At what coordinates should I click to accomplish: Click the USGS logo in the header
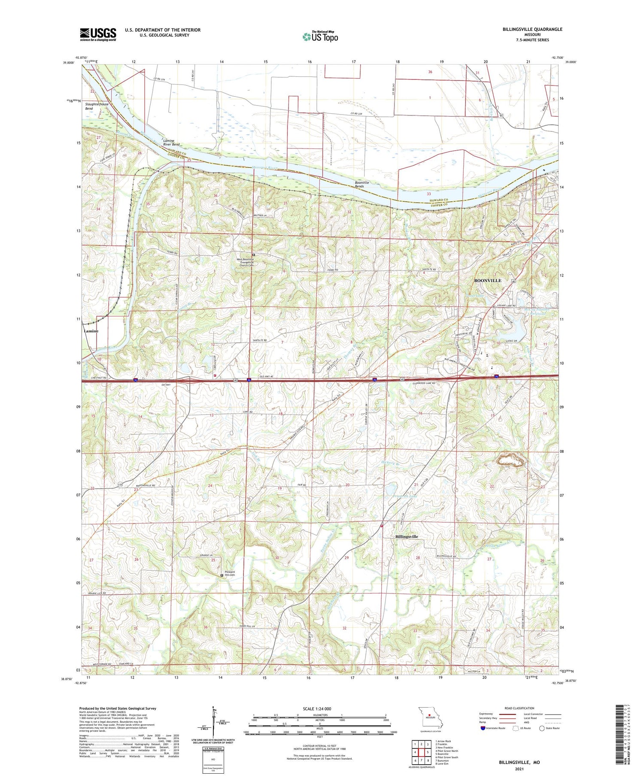[98, 34]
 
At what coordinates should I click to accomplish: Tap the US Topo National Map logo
[320, 36]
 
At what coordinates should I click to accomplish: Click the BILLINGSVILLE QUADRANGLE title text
[526, 30]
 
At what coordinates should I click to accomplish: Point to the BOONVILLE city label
[487, 280]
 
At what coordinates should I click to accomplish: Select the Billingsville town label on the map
[406, 536]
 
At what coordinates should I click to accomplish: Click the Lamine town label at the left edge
[91, 331]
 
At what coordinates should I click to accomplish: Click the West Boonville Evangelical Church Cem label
[245, 262]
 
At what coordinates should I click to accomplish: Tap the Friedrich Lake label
[405, 496]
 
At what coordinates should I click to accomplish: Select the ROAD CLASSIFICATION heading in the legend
[519, 708]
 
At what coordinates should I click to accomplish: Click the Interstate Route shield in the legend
[483, 728]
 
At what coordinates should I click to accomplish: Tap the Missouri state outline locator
[430, 716]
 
